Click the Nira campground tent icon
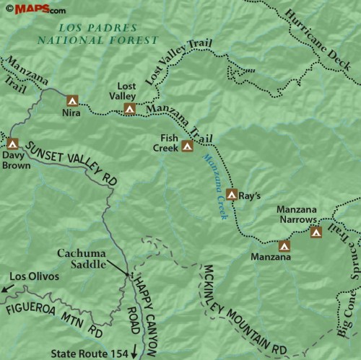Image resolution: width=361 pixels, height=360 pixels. (x=71, y=101)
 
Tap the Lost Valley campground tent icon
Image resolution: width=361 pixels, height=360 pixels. (x=129, y=110)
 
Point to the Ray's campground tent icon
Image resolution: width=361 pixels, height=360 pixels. (x=232, y=194)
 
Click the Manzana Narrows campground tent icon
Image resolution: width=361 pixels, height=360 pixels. (x=316, y=232)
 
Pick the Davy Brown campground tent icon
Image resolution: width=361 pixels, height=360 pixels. (x=12, y=144)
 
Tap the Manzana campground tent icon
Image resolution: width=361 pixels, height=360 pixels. (x=284, y=245)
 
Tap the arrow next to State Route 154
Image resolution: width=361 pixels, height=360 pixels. (x=134, y=353)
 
